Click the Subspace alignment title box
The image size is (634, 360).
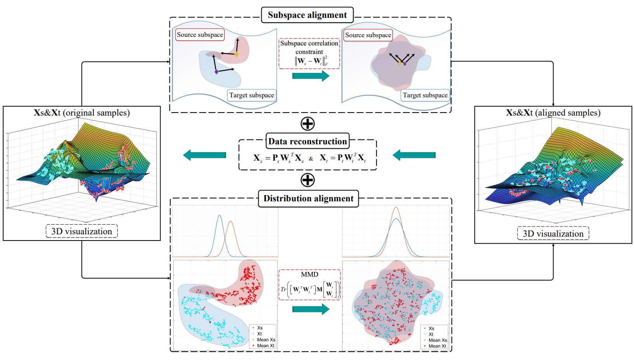click(307, 15)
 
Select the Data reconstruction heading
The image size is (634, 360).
click(307, 141)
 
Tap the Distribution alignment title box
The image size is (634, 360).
click(309, 199)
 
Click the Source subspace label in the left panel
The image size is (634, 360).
click(200, 35)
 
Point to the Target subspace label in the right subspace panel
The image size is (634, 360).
click(425, 95)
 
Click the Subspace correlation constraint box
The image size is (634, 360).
click(309, 54)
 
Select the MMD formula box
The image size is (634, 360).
click(309, 285)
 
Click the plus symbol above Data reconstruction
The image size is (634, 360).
click(307, 124)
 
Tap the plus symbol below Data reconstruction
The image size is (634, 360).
click(307, 180)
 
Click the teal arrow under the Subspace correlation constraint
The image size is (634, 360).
click(311, 76)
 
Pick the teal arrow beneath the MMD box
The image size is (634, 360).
click(311, 309)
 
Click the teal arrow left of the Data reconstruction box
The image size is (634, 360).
click(205, 155)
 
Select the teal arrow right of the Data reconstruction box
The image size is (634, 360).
click(414, 155)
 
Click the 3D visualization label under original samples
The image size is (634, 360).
click(81, 232)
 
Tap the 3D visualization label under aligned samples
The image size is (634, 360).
click(553, 234)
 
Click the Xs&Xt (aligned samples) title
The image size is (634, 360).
click(553, 113)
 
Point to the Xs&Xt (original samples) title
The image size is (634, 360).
click(82, 113)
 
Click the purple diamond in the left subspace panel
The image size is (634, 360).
click(216, 72)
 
